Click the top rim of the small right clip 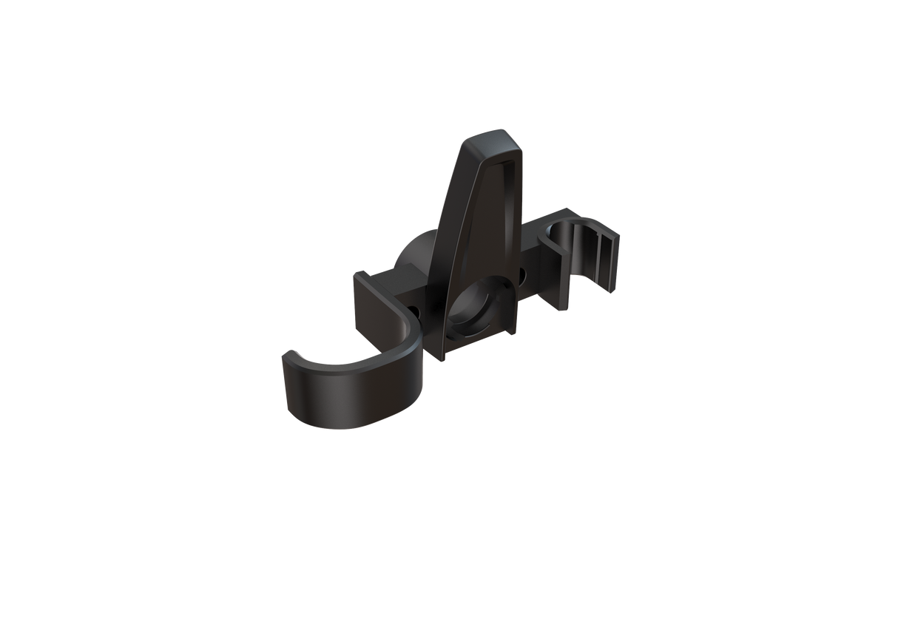pos(584,222)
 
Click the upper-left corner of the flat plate pos(354,276)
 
